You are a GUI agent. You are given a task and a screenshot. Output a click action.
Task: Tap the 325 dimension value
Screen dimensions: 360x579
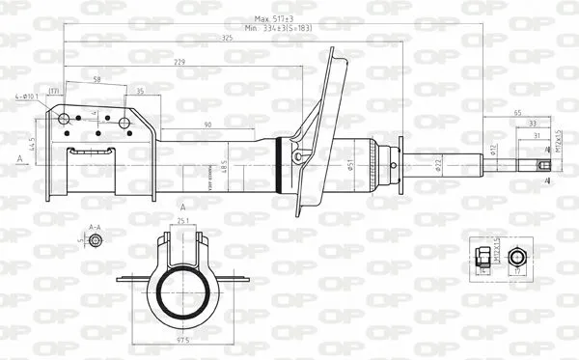point(226,39)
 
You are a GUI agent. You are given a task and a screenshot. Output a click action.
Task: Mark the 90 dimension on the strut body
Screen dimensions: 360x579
point(207,125)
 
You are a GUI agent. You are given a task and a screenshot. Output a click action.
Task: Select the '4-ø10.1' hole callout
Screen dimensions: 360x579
point(27,97)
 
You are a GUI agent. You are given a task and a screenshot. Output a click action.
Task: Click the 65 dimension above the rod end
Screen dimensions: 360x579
point(517,113)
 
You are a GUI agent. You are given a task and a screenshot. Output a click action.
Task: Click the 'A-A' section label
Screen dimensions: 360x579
point(95,227)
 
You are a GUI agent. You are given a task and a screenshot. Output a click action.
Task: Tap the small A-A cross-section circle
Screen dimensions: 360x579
point(95,240)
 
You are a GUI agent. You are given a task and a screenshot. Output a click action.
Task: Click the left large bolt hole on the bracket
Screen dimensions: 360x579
point(65,120)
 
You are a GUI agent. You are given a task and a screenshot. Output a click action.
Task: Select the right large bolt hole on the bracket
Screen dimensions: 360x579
point(125,120)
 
